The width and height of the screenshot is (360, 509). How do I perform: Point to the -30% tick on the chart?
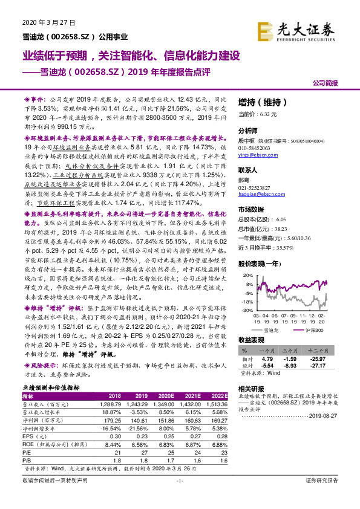[x=246, y=310]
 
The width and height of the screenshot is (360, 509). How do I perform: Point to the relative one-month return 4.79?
[x=267, y=358]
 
